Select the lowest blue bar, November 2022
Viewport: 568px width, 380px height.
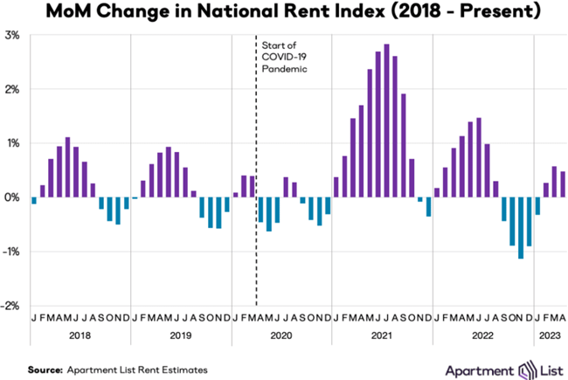521,228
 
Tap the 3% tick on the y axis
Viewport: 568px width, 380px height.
13,35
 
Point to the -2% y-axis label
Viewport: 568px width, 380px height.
11,306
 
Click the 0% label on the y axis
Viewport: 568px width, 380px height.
13,197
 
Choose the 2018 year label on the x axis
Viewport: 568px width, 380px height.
80,335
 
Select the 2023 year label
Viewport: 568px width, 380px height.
551,335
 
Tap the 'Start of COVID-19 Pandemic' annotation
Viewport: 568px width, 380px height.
283,56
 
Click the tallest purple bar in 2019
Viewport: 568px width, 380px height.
169,172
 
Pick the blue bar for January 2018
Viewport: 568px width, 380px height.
34,201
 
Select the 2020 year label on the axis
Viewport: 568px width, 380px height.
281,335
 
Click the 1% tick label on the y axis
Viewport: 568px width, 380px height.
13,143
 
